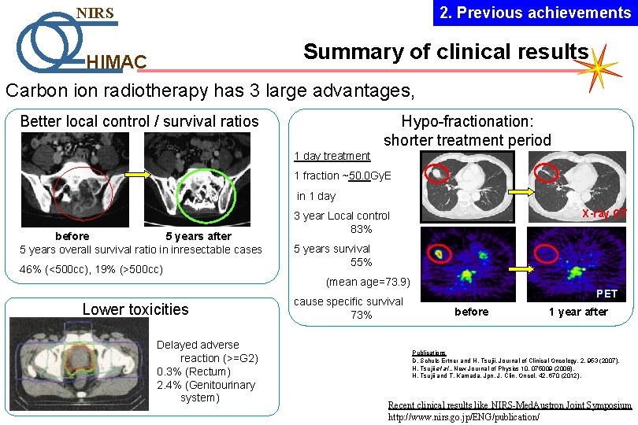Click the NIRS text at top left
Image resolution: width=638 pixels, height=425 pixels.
click(x=95, y=13)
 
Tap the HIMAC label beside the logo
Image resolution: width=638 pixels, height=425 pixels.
click(x=116, y=62)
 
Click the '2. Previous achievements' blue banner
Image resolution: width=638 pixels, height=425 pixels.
click(x=535, y=13)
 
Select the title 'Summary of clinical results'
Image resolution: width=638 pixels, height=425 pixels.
click(x=445, y=52)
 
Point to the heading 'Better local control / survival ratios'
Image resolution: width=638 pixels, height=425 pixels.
click(x=139, y=121)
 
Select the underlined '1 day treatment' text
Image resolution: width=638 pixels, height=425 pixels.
click(x=332, y=156)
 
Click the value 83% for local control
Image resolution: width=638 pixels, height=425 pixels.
click(x=362, y=229)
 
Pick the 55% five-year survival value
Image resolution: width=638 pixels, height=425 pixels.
click(x=362, y=262)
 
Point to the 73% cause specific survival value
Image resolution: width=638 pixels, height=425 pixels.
click(x=362, y=315)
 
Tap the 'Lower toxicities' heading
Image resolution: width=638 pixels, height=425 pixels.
click(x=135, y=309)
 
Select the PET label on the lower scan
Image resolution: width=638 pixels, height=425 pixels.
click(x=606, y=294)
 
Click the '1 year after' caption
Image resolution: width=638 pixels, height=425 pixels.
click(x=578, y=312)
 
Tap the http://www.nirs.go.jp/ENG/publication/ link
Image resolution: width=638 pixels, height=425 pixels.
click(x=464, y=416)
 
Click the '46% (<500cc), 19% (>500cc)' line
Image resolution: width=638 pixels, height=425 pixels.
click(x=91, y=270)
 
